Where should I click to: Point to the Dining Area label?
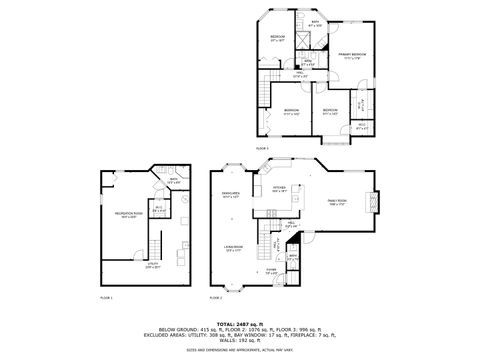click(231, 197)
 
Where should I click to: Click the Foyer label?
click(271, 271)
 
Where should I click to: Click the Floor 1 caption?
click(107, 298)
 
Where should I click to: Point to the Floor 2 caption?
click(216, 298)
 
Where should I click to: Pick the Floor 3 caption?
click(262, 148)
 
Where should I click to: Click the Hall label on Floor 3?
click(298, 75)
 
